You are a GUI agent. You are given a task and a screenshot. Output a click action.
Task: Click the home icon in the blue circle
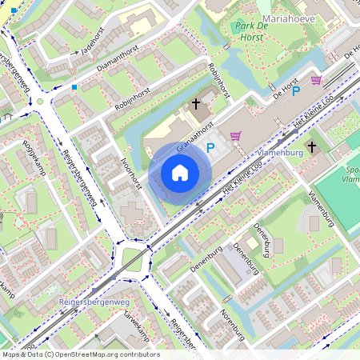(x=180, y=172)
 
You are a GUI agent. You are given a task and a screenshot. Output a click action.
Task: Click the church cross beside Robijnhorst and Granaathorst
(x=195, y=104)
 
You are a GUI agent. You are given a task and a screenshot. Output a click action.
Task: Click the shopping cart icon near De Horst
(x=316, y=80)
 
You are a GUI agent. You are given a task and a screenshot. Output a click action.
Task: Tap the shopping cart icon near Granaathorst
(x=235, y=135)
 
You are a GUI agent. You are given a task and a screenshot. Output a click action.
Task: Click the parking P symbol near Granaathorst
(x=210, y=147)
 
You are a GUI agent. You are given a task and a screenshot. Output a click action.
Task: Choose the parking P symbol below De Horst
(x=295, y=92)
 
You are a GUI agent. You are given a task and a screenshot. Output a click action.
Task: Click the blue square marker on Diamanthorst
(x=74, y=86)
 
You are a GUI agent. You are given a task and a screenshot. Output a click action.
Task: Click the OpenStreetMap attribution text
(x=80, y=354)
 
